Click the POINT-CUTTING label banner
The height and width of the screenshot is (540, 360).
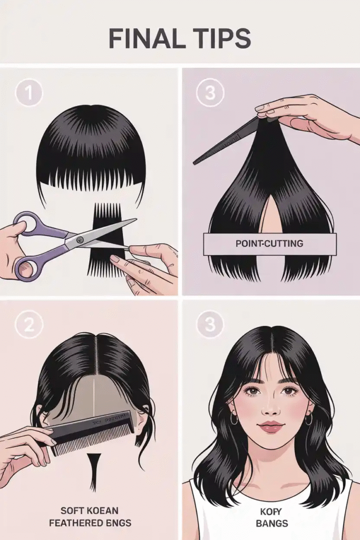[x=269, y=244]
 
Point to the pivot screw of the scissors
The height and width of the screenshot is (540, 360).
[x=80, y=240]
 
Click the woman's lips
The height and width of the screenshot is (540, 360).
[x=270, y=426]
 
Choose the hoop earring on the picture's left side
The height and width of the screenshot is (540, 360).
[x=234, y=419]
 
